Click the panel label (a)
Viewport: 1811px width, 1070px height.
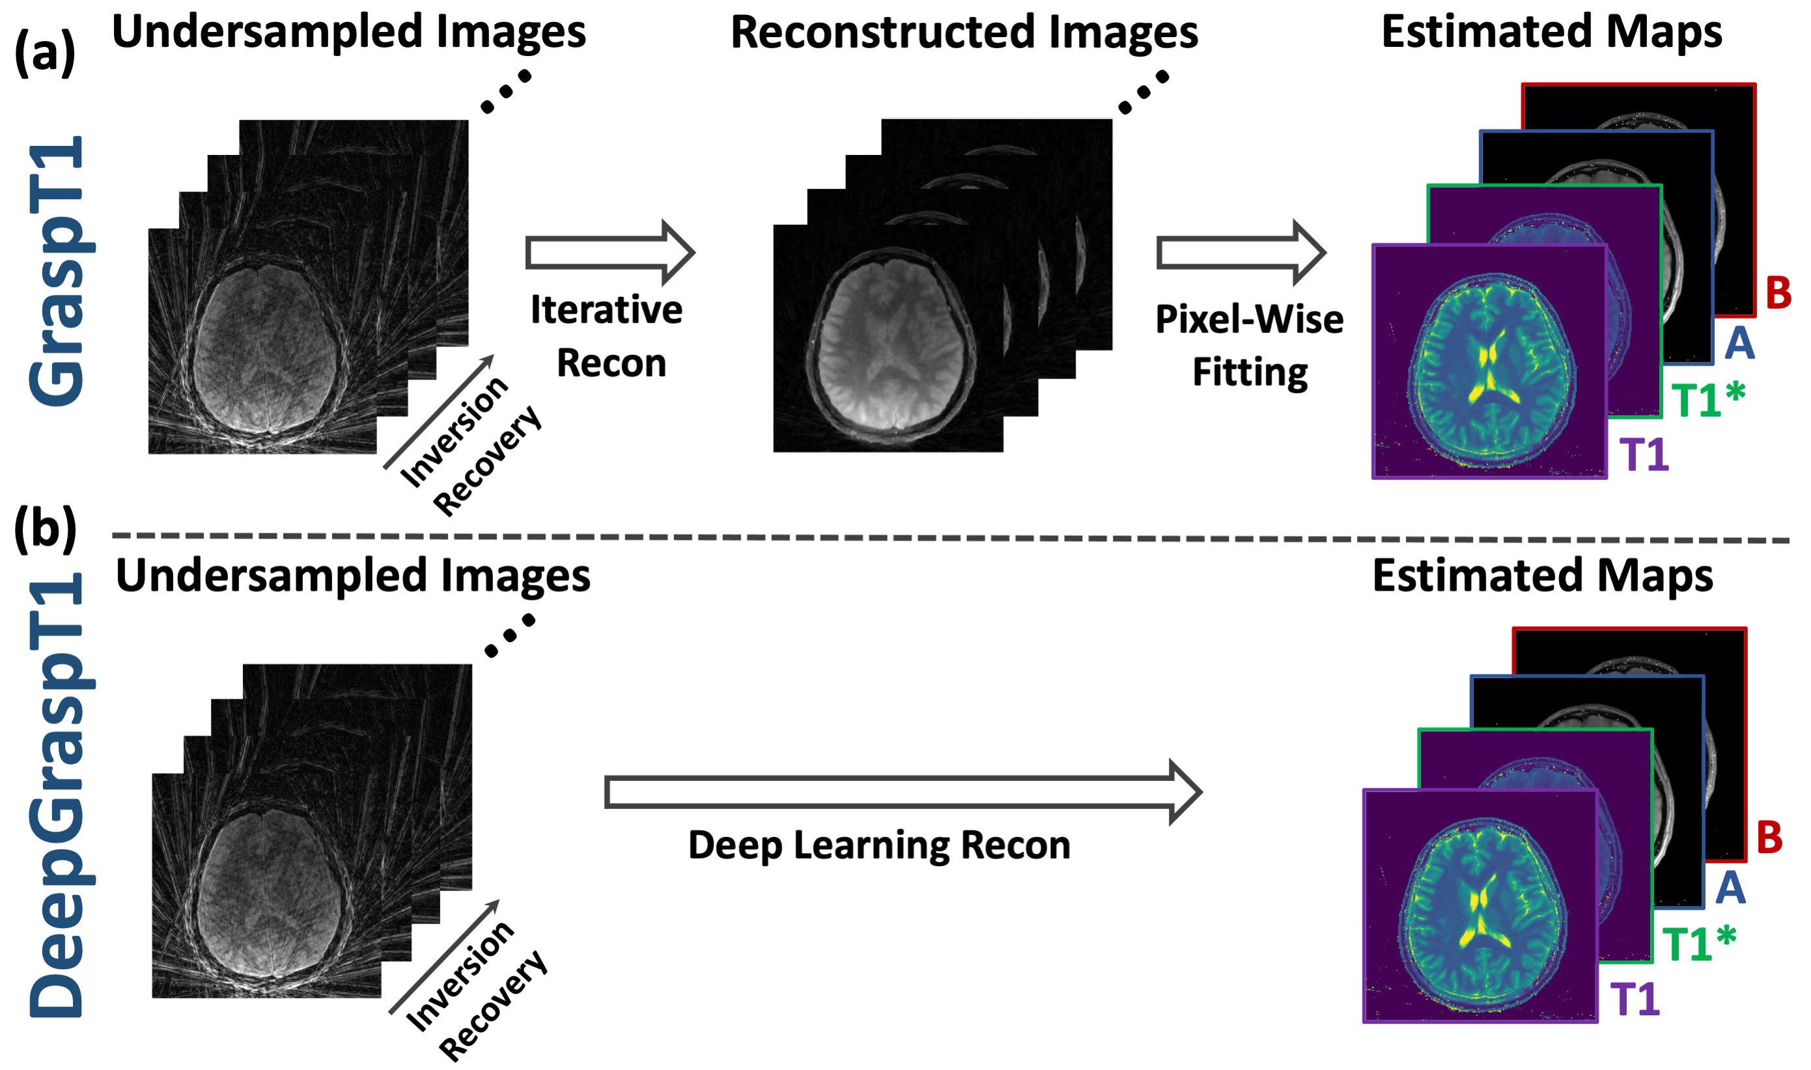coord(45,53)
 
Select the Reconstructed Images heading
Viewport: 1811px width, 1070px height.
coord(964,33)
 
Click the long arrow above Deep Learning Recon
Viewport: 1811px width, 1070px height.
coord(903,793)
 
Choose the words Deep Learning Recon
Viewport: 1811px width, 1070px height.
coord(879,845)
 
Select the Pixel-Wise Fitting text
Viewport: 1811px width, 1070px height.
coord(1250,345)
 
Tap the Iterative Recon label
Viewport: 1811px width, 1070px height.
coord(607,336)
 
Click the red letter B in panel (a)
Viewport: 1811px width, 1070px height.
coord(1778,293)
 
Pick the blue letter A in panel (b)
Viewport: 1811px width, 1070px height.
coord(1731,888)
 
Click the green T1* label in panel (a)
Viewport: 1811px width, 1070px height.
coord(1708,399)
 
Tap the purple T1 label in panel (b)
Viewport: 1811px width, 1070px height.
coord(1636,999)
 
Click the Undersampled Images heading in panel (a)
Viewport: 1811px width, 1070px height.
coord(349,32)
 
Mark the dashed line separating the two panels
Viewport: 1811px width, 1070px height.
coord(951,537)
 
